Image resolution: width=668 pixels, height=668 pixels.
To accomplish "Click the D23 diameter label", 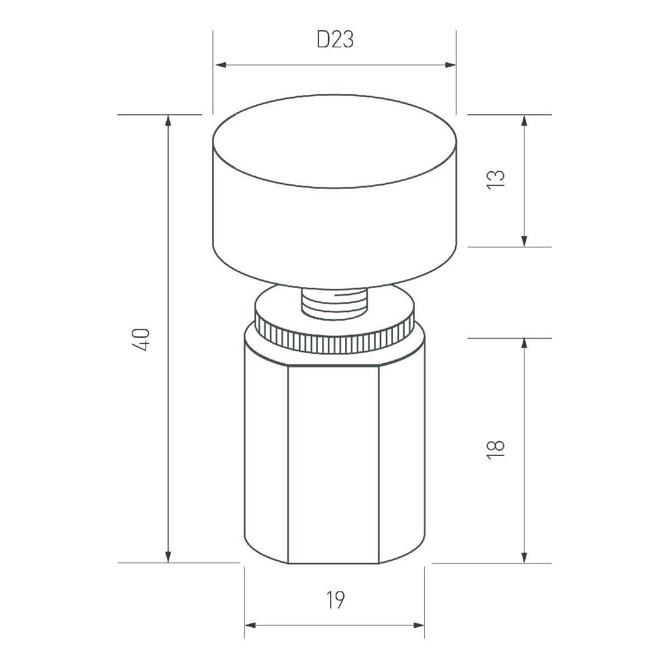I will [335, 40].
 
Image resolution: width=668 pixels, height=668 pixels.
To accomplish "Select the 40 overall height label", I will [143, 339].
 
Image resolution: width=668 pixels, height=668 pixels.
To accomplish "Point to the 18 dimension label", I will [495, 449].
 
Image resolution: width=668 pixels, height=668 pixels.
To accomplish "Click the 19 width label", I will [335, 600].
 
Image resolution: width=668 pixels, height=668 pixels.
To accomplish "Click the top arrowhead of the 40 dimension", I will [168, 120].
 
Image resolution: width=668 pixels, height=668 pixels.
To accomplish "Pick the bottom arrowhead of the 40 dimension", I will [168, 557].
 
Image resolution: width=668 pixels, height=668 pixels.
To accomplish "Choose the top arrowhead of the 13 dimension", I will [524, 120].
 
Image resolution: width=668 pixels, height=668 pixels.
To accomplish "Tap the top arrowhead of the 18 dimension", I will [524, 343].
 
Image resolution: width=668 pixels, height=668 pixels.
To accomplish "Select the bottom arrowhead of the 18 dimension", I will [524, 557].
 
